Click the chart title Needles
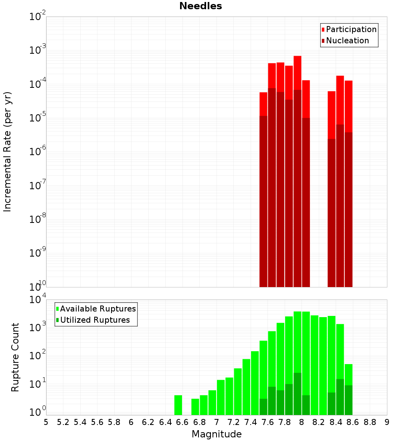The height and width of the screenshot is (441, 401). point(200,6)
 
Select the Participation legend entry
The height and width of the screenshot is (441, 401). point(351,29)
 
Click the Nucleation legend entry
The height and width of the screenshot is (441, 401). point(347,40)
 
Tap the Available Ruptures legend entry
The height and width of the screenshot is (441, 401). point(97,309)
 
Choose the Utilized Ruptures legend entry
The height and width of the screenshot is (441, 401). point(95,320)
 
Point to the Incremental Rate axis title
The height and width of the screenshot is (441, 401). point(8,152)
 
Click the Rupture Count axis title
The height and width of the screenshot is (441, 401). point(15,357)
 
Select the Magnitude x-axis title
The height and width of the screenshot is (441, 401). point(217,434)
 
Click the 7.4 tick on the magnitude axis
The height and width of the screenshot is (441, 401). point(251,422)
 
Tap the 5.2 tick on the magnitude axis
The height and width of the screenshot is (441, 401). point(63,422)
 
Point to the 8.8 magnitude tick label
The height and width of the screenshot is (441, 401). point(370,422)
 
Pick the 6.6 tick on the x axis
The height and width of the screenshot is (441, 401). point(182,422)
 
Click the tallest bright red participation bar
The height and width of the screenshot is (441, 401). point(298,72)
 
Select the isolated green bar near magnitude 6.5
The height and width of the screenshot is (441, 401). point(178,405)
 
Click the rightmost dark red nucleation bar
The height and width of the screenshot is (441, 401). point(348,208)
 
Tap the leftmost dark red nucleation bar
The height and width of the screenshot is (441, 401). point(263,200)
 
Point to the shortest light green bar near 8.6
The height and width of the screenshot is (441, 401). point(348,374)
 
